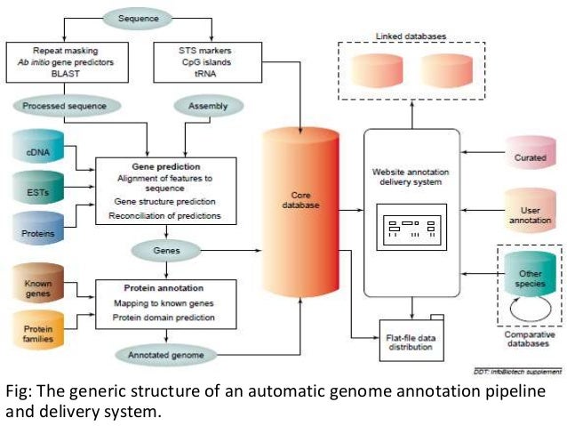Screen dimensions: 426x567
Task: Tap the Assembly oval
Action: pyautogui.click(x=208, y=106)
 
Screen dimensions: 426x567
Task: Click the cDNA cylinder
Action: pyautogui.click(x=37, y=150)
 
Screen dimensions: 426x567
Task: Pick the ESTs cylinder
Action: pyautogui.click(x=37, y=189)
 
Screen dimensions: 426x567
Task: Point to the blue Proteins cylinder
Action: pyautogui.click(x=37, y=230)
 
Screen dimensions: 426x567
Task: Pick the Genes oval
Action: pyautogui.click(x=165, y=251)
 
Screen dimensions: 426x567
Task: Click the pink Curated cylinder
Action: pyautogui.click(x=529, y=157)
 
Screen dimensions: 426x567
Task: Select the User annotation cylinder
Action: pyautogui.click(x=529, y=210)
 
